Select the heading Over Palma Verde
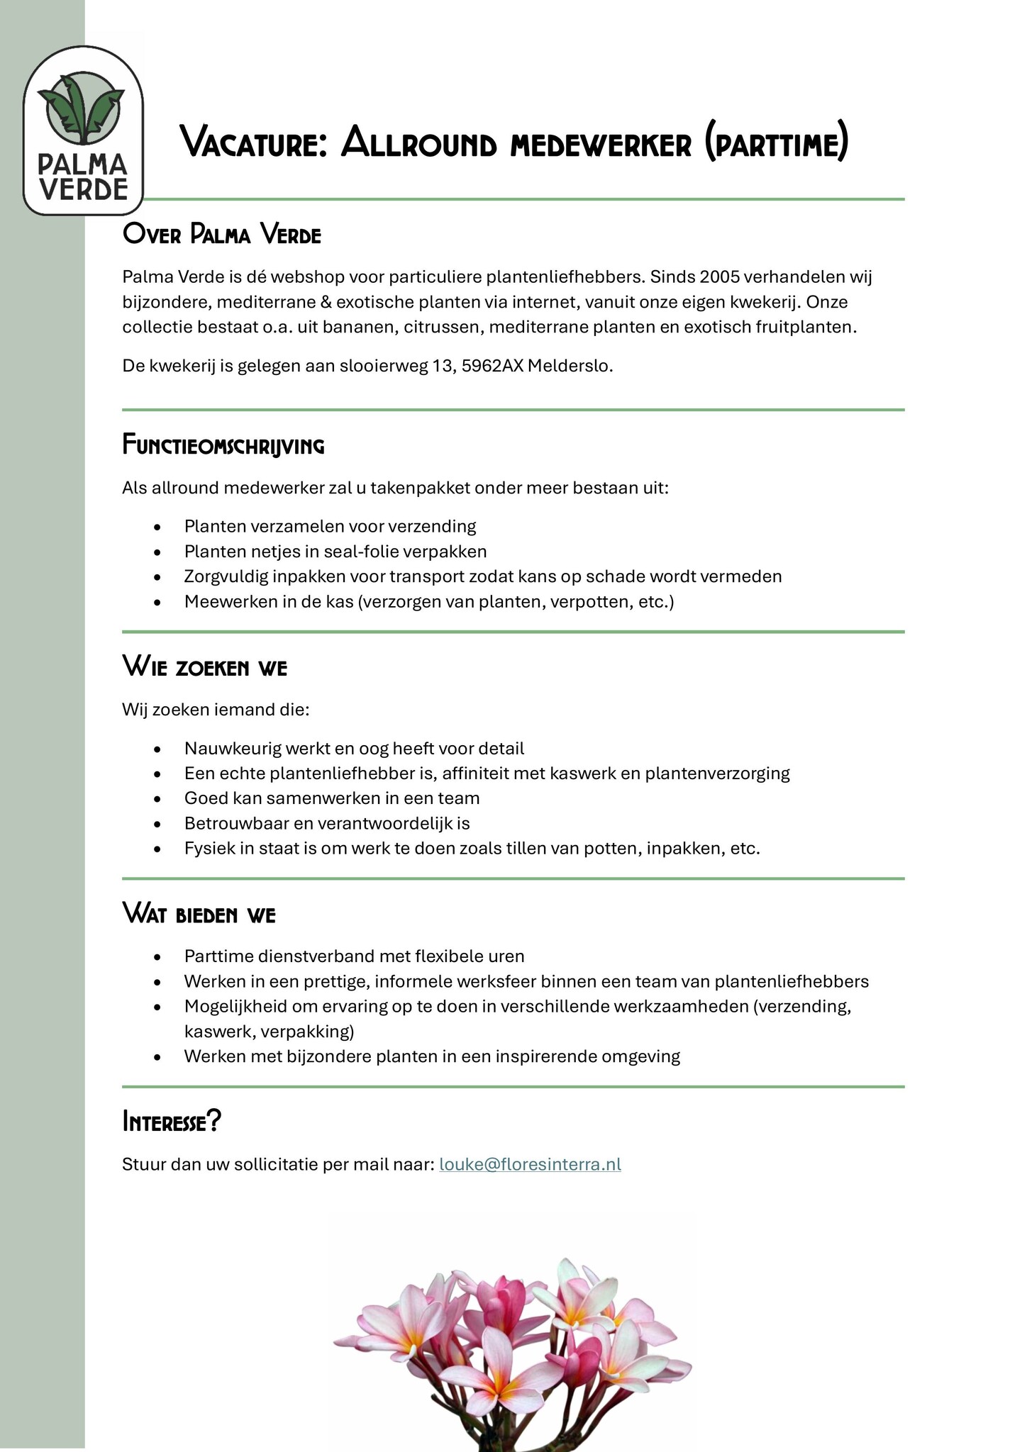click(221, 234)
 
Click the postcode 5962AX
click(492, 367)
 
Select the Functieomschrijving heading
click(223, 446)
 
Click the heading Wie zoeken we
click(204, 667)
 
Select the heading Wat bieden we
click(199, 915)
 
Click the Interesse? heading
click(172, 1122)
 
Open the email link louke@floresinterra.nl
click(530, 1164)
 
